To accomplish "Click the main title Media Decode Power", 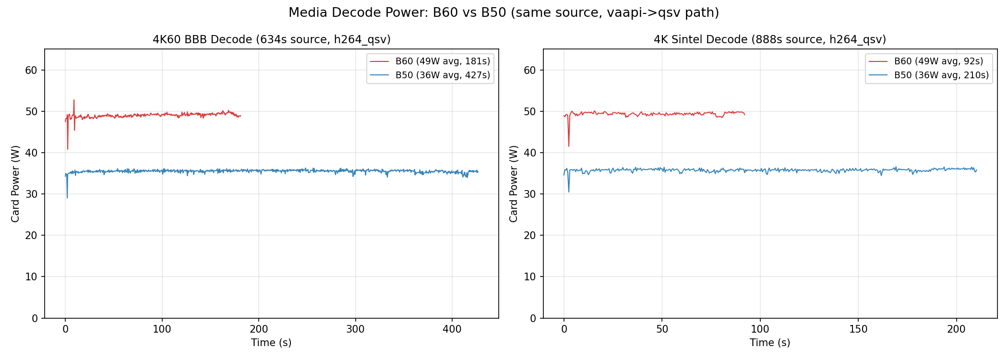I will (504, 12).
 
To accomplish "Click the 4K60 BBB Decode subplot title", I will (271, 39).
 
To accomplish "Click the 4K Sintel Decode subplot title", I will (769, 39).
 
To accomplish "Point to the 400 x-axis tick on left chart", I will (452, 329).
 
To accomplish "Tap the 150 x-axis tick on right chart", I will (858, 329).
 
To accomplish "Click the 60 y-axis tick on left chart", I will (31, 71).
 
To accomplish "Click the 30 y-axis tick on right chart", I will (530, 194).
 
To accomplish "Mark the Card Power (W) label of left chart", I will (15, 183).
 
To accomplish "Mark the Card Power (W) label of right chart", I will (514, 183).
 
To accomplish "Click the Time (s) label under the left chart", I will (271, 343).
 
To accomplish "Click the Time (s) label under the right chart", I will (769, 343).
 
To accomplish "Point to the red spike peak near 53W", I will (74, 100).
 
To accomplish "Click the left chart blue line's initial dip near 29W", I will (67, 197).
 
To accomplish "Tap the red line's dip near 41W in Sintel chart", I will (569, 146).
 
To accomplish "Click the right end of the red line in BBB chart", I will (240, 116).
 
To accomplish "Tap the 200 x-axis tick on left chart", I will (259, 329).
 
